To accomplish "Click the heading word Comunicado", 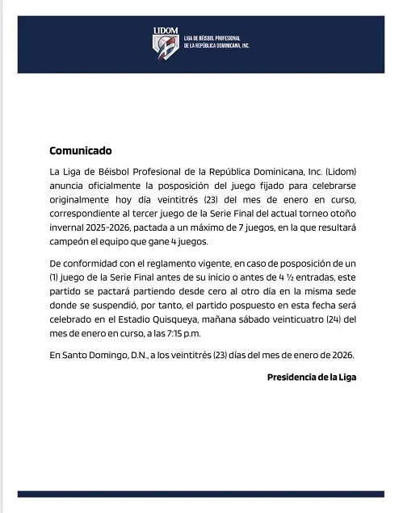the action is pyautogui.click(x=81, y=151).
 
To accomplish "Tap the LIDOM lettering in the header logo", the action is pyautogui.click(x=165, y=31).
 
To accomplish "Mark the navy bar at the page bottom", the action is pyautogui.click(x=201, y=493).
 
